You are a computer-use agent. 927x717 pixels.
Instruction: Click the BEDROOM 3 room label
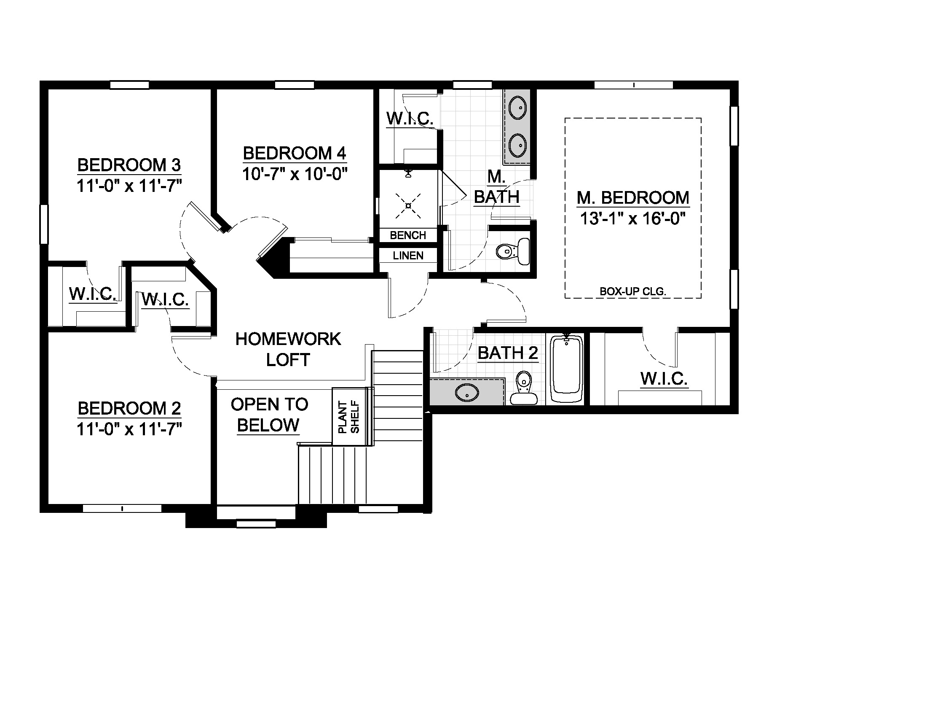tap(129, 165)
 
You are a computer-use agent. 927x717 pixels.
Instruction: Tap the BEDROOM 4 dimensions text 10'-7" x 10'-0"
tap(295, 174)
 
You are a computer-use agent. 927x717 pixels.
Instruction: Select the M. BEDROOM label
tap(633, 198)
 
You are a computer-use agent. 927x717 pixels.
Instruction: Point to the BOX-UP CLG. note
tap(633, 292)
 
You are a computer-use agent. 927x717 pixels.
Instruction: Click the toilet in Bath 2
tap(524, 388)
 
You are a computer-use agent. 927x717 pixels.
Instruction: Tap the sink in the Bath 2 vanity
tap(467, 393)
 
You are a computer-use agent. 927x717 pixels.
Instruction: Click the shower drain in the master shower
tap(408, 206)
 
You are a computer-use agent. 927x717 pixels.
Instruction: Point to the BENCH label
tap(408, 235)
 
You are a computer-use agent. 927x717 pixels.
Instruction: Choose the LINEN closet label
tap(408, 256)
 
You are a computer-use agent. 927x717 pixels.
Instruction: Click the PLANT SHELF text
tap(348, 417)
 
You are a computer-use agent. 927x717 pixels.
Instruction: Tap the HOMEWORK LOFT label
tap(288, 350)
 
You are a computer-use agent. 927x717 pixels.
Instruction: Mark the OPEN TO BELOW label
tap(269, 415)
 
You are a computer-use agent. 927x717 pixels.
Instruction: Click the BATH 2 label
tap(508, 353)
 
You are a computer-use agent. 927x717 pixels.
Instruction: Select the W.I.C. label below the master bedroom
tap(664, 378)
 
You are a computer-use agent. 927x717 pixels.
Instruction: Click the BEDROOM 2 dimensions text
tap(129, 429)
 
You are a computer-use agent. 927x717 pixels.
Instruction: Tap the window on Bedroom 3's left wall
tap(44, 224)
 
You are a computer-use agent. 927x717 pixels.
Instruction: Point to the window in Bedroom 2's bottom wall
tap(122, 509)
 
